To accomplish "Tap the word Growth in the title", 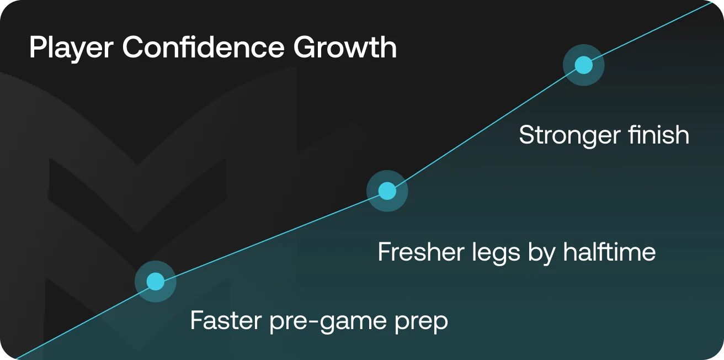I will (345, 47).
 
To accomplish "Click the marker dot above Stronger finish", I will (583, 65).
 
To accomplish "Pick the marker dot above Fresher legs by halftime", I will (387, 191).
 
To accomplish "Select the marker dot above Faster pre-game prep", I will (155, 282).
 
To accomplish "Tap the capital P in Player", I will (36, 48).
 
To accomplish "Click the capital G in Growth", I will (305, 48).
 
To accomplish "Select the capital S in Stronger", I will (527, 136).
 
